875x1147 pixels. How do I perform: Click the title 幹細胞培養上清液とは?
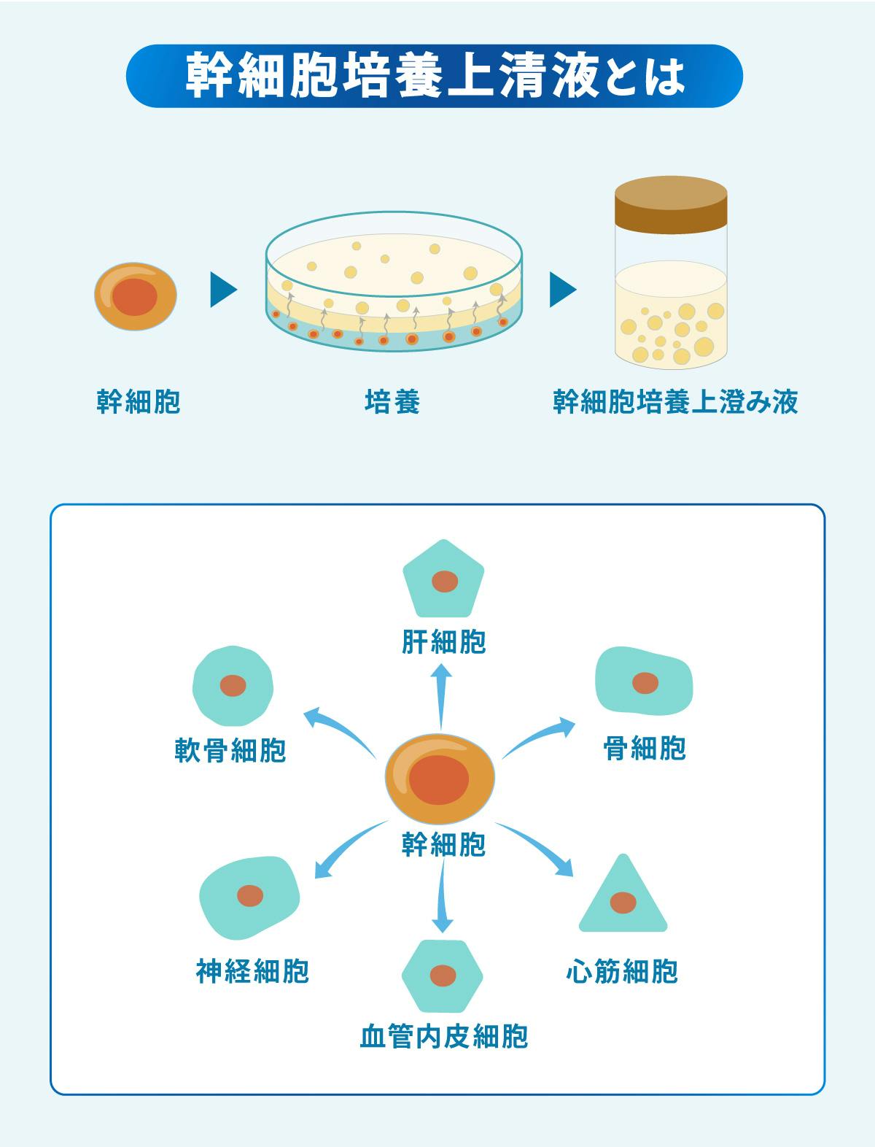click(x=435, y=77)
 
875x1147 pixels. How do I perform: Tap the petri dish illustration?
click(x=394, y=285)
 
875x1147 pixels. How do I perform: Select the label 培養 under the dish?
click(x=392, y=402)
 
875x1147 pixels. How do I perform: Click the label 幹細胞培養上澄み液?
click(x=675, y=402)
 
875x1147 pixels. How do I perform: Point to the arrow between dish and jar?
click(x=563, y=290)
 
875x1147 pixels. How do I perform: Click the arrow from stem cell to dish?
click(x=223, y=290)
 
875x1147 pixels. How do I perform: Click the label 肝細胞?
click(x=443, y=642)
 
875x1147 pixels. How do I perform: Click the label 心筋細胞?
click(x=622, y=971)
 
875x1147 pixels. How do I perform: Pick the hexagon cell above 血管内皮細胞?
click(x=443, y=975)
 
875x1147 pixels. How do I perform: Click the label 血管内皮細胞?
click(x=443, y=1037)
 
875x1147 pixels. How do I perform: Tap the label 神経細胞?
click(x=252, y=971)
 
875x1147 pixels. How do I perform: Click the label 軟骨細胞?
click(x=230, y=749)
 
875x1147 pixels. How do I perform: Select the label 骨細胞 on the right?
click(x=645, y=748)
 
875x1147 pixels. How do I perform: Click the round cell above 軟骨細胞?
click(x=233, y=685)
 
